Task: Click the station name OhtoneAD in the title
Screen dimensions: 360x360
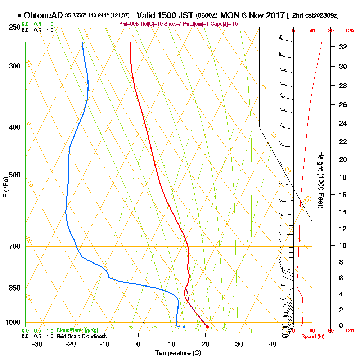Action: [x=44, y=15]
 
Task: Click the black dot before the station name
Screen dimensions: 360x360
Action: [x=19, y=15]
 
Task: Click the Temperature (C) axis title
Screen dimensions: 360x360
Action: [x=178, y=353]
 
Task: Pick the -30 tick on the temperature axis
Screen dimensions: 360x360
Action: [x=37, y=344]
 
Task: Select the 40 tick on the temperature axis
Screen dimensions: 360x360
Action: [x=273, y=344]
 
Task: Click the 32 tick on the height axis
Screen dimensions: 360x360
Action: [x=343, y=47]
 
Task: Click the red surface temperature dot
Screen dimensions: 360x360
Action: [x=207, y=327]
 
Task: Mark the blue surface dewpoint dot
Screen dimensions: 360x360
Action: [x=184, y=327]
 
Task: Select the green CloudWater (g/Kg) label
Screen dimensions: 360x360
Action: [x=77, y=330]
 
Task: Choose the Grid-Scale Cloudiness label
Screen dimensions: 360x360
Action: [x=81, y=336]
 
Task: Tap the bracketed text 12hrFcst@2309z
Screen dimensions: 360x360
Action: [x=312, y=16]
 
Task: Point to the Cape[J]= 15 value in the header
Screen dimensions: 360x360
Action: [x=224, y=24]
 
